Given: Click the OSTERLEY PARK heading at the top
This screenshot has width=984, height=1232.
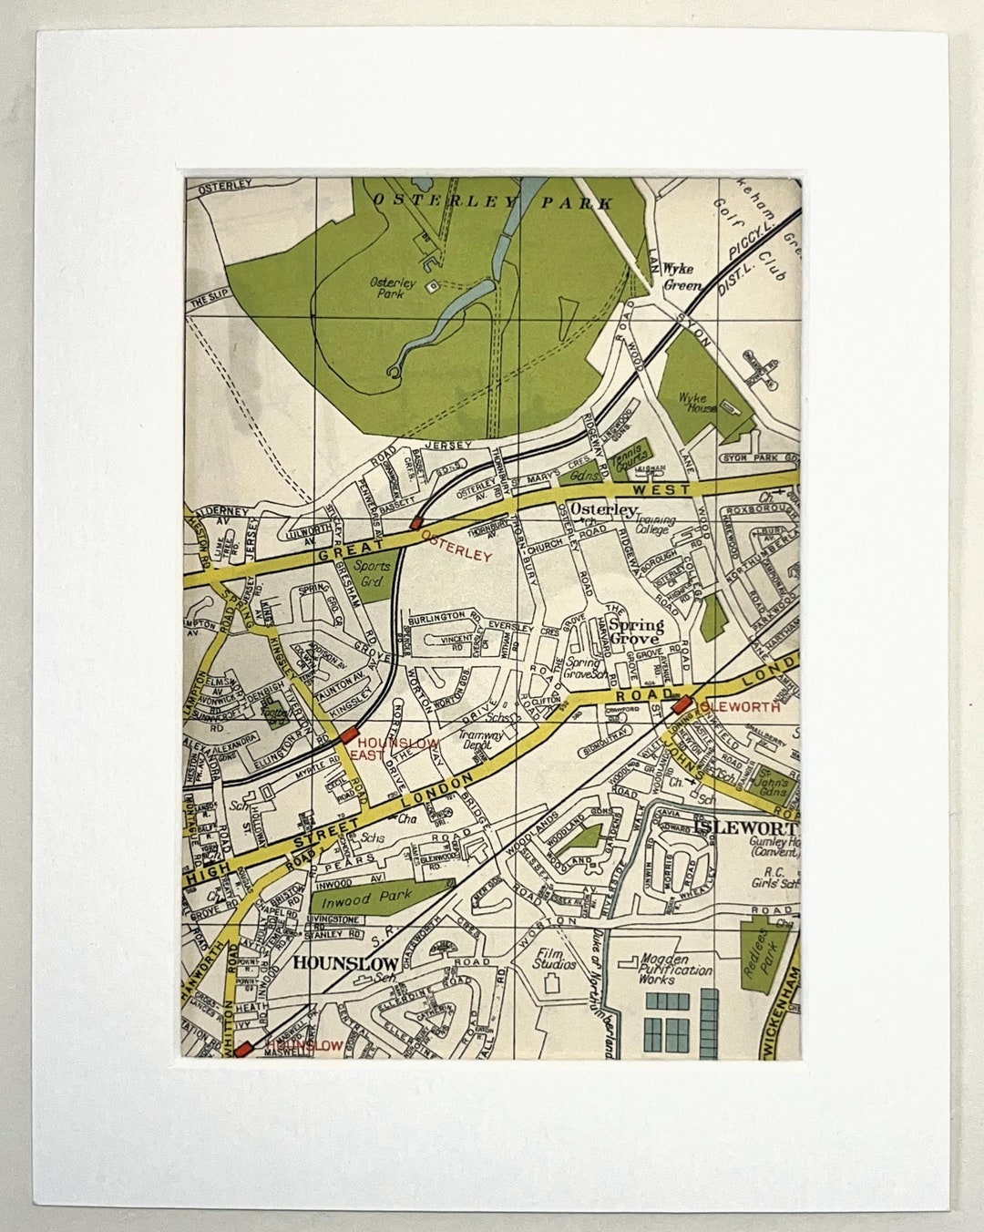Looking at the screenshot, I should coord(493,202).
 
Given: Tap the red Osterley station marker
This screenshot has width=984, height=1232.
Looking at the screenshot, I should coord(415,523).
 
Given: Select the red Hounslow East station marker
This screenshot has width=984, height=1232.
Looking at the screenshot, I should coord(350,735).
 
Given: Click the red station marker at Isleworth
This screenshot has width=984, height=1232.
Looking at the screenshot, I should coord(681,703).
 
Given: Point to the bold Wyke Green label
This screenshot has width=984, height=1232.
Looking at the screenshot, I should coord(682,277).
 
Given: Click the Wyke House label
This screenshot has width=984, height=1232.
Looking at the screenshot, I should coord(699,403).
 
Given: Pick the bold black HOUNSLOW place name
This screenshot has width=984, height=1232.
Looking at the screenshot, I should coord(345,962).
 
